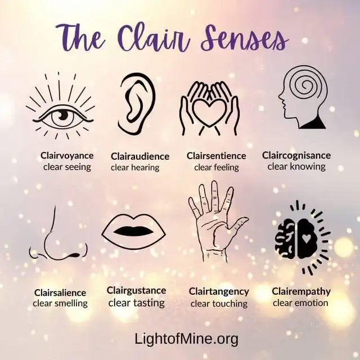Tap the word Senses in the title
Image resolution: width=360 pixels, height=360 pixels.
click(245, 38)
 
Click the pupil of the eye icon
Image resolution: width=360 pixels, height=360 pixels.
click(62, 115)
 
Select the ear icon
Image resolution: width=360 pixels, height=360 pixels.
click(137, 103)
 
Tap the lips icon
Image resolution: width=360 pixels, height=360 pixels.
click(134, 231)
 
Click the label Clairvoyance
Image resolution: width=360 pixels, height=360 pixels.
click(67, 156)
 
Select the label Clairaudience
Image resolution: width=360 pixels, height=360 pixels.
click(140, 156)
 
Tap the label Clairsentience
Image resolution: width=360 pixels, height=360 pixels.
click(216, 156)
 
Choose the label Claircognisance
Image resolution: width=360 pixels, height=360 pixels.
click(296, 155)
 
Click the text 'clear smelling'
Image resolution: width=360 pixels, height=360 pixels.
click(60, 303)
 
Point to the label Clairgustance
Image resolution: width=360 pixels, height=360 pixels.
click(136, 291)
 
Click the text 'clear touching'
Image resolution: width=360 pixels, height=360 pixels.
click(219, 304)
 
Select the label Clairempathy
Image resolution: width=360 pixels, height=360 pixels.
click(301, 291)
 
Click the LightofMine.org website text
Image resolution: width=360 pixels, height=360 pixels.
click(186, 339)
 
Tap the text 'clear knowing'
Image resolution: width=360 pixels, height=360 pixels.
click(296, 166)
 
